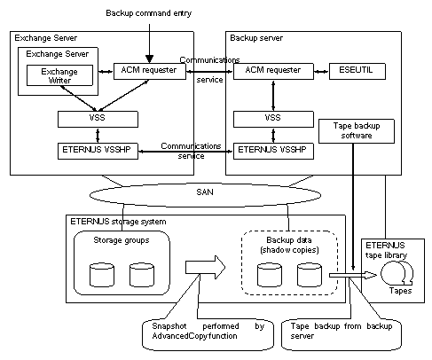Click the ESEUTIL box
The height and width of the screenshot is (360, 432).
coord(357,71)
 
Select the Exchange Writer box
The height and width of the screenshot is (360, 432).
coord(59,75)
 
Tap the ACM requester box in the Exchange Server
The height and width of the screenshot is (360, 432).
coord(150,71)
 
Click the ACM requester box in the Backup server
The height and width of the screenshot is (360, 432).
coord(273,71)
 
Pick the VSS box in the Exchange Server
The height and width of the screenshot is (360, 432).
coord(98,119)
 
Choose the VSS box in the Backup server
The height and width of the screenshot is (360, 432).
coord(273,119)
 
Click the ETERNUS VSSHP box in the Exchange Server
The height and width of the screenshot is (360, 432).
coord(98,151)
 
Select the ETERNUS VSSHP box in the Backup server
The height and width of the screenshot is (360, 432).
coord(273,151)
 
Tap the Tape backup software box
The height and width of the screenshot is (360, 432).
coord(357,131)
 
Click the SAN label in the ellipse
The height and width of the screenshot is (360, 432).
coord(205,192)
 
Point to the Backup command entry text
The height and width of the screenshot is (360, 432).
coord(149,13)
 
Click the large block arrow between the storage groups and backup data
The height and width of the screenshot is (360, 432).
coord(205,267)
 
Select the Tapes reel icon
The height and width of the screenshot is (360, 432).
coord(397,273)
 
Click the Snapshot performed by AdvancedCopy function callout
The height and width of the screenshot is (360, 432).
coord(208,334)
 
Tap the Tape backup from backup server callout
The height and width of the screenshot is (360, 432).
coord(342,334)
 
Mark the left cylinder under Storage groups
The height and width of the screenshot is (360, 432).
coord(102,275)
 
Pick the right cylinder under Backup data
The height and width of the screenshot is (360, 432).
coord(310,275)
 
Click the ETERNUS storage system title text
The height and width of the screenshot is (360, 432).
coord(118,222)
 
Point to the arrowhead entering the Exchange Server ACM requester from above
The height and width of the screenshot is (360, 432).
coord(149,59)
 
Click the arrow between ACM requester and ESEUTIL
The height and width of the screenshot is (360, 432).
coord(321,71)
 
